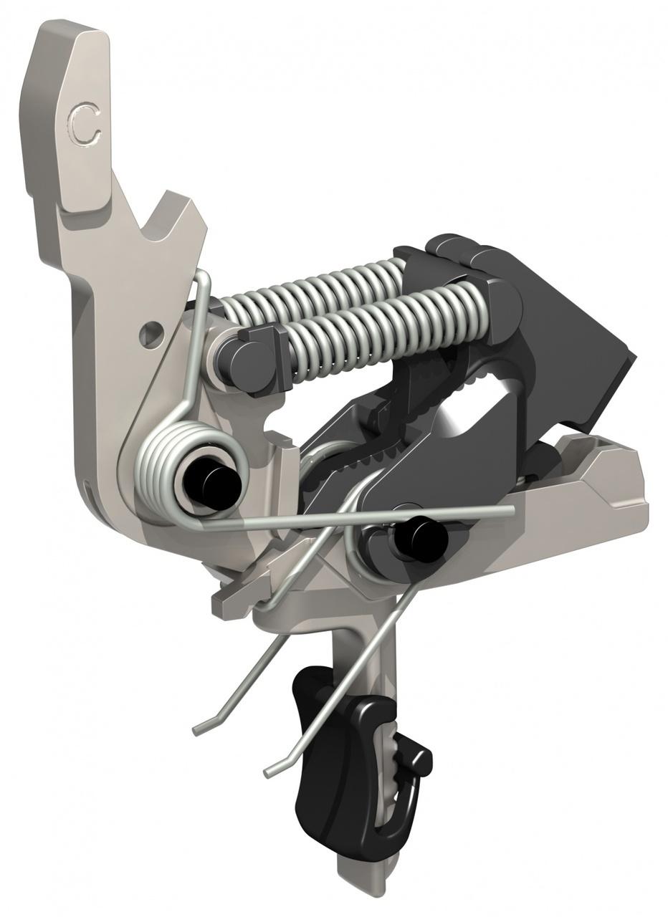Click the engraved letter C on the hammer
pyautogui.click(x=85, y=126)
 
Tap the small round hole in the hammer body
pyautogui.click(x=151, y=333)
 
